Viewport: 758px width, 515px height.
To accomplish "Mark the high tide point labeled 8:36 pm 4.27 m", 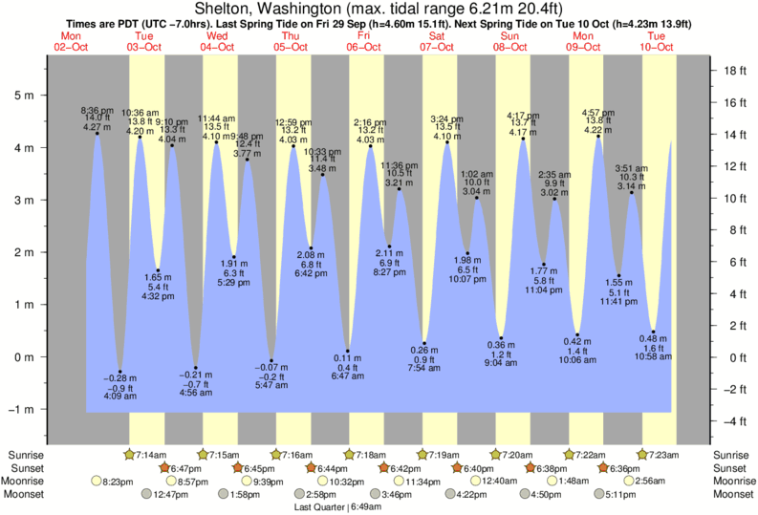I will [97, 134].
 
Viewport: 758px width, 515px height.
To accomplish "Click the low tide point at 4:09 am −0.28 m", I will [120, 372].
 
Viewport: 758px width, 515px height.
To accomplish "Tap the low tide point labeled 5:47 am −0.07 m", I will [271, 360].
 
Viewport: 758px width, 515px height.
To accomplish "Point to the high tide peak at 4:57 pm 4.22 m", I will [598, 137].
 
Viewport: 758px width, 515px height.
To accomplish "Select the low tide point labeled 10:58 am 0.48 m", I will [654, 332].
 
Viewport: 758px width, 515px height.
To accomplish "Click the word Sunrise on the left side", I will [24, 455].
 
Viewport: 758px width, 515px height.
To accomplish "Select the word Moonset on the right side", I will [733, 495].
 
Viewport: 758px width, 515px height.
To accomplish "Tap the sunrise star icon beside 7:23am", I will [643, 455].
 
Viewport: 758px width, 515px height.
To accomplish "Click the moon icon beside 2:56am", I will [630, 482].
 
